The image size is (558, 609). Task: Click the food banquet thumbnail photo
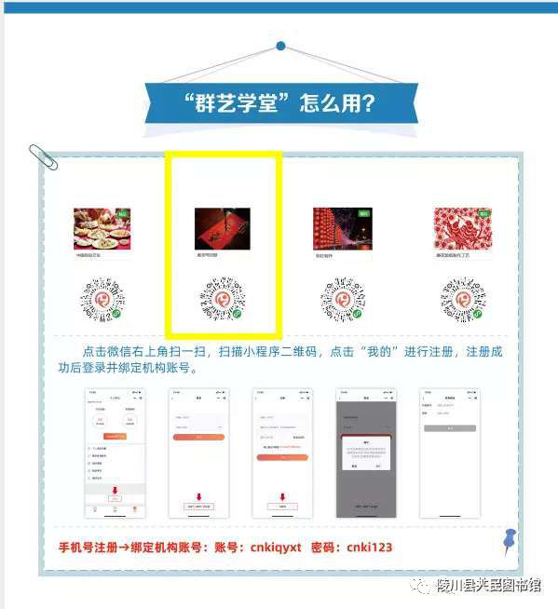click(x=102, y=228)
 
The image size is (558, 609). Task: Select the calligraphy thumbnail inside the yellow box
click(x=222, y=228)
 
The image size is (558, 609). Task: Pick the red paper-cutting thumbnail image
click(x=463, y=228)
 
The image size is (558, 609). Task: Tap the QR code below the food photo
click(x=102, y=301)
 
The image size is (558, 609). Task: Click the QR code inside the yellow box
click(x=222, y=301)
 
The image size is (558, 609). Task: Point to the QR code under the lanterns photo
click(x=342, y=301)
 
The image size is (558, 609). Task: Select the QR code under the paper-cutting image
click(x=463, y=301)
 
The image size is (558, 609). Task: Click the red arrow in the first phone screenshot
click(x=114, y=490)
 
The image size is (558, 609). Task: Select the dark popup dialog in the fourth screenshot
click(x=365, y=451)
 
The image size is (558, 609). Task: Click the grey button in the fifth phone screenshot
click(x=449, y=428)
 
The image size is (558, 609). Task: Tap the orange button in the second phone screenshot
click(x=197, y=436)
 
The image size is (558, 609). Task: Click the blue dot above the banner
click(x=280, y=45)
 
